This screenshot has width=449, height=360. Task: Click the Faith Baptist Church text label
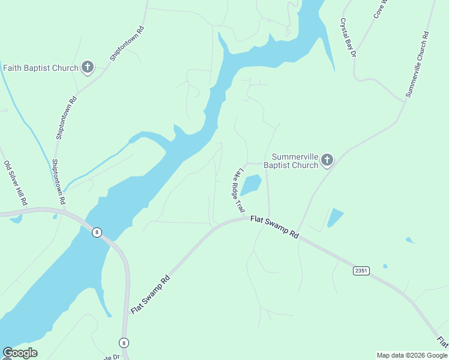[41, 68]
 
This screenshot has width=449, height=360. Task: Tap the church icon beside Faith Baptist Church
[88, 67]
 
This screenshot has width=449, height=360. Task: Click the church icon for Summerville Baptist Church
[327, 160]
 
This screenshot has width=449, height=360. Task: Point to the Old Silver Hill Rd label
[16, 184]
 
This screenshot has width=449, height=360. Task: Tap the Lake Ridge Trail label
[238, 190]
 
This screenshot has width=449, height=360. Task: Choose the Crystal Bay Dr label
[348, 37]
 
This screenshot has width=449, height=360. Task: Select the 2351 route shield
[361, 271]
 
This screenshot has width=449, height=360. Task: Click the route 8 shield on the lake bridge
[96, 232]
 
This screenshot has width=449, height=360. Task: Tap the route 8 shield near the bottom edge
[124, 343]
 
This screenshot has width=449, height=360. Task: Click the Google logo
[20, 353]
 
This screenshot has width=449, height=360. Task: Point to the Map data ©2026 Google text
[412, 355]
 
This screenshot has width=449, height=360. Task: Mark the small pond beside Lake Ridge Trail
[252, 184]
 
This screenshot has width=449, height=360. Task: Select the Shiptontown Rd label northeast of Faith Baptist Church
[127, 44]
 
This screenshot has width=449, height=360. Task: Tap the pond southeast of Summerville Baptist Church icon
[335, 218]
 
